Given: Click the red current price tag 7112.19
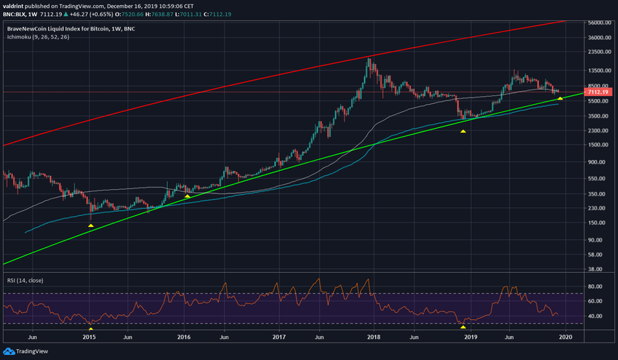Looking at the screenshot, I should tap(601, 92).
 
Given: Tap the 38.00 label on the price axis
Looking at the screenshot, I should tap(595, 268).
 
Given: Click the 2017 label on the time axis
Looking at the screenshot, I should tap(279, 337).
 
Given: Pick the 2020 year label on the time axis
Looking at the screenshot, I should tap(566, 337).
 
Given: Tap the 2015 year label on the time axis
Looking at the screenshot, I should tap(89, 337).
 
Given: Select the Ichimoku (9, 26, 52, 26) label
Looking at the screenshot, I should tap(36, 36).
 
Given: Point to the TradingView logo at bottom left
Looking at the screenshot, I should tap(22, 351).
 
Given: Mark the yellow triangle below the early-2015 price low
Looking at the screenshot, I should tap(91, 225).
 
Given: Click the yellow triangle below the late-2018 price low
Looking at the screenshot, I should tap(463, 131).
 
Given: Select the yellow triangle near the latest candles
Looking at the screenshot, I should tap(560, 98).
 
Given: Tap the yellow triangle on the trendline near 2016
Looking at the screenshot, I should tap(188, 196).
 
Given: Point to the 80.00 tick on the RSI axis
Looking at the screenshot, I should tap(595, 284).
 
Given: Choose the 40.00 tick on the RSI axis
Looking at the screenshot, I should tap(595, 316).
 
